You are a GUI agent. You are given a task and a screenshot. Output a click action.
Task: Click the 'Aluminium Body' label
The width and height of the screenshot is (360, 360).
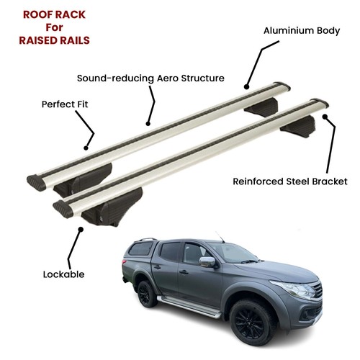(x=302, y=31)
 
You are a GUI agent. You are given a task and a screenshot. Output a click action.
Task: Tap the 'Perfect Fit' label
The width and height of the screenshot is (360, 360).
(x=65, y=104)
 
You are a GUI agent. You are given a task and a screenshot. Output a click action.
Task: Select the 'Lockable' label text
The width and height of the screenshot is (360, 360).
(x=63, y=274)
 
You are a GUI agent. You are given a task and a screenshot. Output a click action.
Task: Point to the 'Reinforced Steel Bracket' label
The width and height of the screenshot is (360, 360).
(x=290, y=181)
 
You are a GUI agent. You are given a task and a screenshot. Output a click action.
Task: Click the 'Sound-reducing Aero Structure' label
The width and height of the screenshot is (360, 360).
(x=150, y=78)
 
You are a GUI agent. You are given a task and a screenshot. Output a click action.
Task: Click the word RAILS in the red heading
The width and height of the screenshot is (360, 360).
(x=75, y=40)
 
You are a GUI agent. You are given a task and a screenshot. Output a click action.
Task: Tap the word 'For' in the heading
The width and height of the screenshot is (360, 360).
(x=54, y=27)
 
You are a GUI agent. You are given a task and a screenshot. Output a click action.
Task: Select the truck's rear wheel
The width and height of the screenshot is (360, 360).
(x=146, y=294)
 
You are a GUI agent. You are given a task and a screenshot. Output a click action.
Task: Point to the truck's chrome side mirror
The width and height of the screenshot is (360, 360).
(x=207, y=262)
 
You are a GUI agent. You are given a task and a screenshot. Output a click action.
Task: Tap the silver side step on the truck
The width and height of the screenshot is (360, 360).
(x=189, y=306)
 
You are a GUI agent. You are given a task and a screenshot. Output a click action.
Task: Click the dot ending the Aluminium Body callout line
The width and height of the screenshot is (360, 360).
(x=246, y=86)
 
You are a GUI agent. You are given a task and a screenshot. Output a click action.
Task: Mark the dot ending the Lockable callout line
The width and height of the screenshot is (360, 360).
(x=81, y=229)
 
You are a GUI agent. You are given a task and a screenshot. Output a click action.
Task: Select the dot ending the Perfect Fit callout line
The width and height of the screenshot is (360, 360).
(x=86, y=148)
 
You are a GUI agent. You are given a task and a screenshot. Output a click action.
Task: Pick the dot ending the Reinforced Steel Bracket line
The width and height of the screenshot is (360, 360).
(x=325, y=117)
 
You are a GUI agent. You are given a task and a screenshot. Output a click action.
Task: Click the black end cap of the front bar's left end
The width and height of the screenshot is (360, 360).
(x=62, y=209)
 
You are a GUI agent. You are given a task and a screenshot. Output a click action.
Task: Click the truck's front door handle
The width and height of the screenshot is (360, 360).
(x=184, y=272)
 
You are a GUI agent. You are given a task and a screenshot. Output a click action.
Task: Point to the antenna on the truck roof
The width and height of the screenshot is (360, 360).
(x=220, y=237)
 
